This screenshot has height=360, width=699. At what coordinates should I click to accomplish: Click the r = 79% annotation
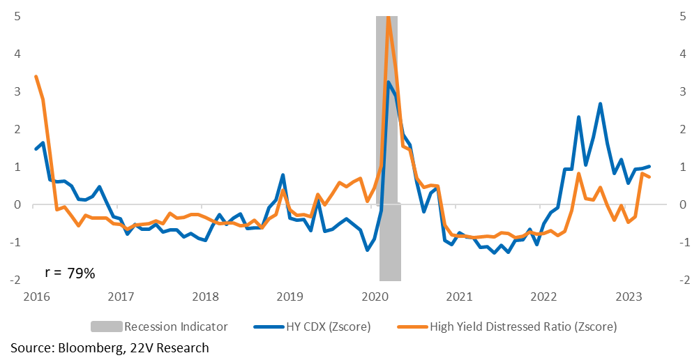[x=70, y=273]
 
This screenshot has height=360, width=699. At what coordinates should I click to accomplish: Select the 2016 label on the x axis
[x=36, y=297]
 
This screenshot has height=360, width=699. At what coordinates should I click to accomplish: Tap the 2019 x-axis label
[x=290, y=297]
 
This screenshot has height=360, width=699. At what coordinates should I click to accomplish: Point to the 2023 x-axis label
[x=628, y=297]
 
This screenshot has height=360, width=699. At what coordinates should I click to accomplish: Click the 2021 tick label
[x=459, y=297]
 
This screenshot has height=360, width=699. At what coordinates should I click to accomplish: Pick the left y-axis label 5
[x=17, y=17]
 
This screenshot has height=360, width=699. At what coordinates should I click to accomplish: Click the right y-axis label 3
[x=682, y=92]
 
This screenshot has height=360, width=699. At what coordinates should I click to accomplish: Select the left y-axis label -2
[x=15, y=280]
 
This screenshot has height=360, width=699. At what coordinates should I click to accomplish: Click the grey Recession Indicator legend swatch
[x=107, y=327]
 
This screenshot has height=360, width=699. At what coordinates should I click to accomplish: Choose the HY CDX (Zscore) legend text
[x=328, y=327]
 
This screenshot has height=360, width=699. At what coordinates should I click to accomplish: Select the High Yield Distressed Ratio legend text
[x=523, y=327]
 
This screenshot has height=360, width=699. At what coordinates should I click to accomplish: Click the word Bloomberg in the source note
[x=91, y=348]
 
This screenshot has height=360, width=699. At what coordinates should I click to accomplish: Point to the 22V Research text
[x=170, y=348]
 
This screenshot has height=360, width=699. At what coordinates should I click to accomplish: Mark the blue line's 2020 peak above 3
[x=389, y=82]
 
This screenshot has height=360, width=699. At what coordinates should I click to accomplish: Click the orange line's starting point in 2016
[x=36, y=77]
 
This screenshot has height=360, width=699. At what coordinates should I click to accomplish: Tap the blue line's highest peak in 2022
[x=601, y=104]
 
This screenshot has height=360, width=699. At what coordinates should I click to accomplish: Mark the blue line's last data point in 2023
[x=649, y=166]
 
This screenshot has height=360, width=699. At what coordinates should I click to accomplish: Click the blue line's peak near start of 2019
[x=283, y=175]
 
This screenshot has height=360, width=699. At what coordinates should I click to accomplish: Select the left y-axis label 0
[x=17, y=204]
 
